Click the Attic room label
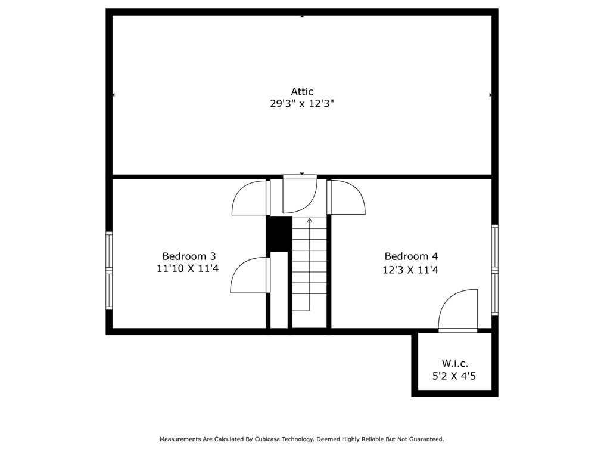pos(301,92)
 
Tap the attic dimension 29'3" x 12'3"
pos(301,104)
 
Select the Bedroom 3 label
pos(188,256)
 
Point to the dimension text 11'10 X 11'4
pos(188,269)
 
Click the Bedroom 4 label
pos(411,256)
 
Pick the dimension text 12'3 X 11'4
pos(410,270)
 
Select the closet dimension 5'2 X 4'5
pos(454,376)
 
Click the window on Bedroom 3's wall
pos(109,270)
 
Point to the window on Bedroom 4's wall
pos(494,270)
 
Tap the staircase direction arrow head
pos(309,221)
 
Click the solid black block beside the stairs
pos(279,234)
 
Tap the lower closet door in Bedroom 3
pos(250,275)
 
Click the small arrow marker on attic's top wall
pos(302,16)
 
